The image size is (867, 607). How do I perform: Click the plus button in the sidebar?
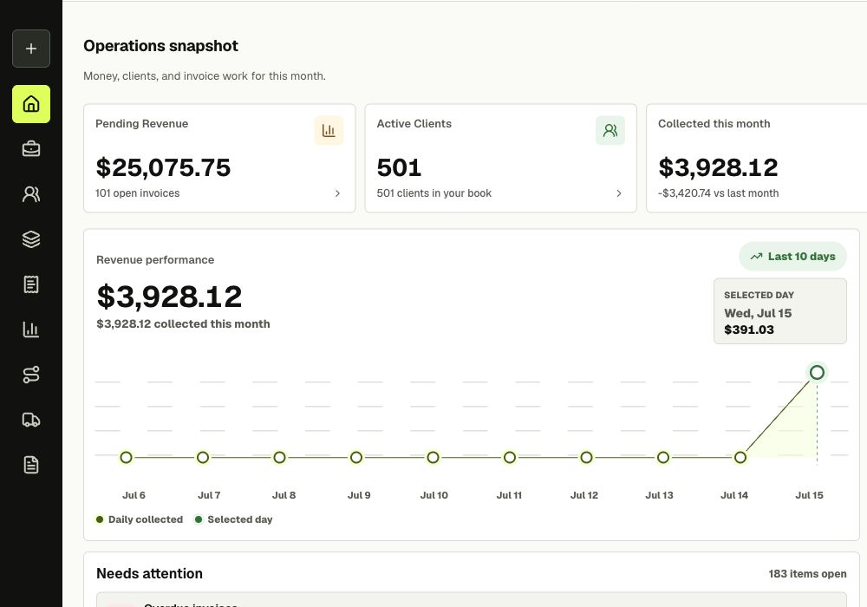(31, 49)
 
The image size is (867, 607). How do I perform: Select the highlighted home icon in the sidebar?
(31, 104)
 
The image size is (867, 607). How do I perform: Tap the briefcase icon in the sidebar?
(31, 148)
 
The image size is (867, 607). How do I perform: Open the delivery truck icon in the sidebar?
(31, 421)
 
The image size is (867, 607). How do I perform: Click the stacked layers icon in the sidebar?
(31, 239)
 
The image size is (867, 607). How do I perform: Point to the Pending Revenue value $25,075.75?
(163, 167)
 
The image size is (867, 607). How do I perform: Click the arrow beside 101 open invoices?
(337, 193)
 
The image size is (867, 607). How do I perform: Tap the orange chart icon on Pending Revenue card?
(329, 130)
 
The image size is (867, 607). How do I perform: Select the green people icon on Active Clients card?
(610, 130)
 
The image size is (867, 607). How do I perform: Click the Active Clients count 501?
(399, 167)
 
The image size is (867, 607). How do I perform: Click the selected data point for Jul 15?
(817, 373)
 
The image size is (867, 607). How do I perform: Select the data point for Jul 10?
(433, 458)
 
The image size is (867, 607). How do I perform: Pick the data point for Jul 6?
(126, 458)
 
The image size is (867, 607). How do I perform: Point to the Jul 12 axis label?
(583, 495)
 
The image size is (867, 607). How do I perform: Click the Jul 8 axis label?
(284, 495)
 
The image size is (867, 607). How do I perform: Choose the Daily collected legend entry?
(140, 519)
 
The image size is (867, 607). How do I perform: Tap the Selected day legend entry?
(234, 519)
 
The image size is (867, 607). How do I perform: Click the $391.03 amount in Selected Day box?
(749, 330)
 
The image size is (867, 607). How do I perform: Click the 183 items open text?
(807, 574)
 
